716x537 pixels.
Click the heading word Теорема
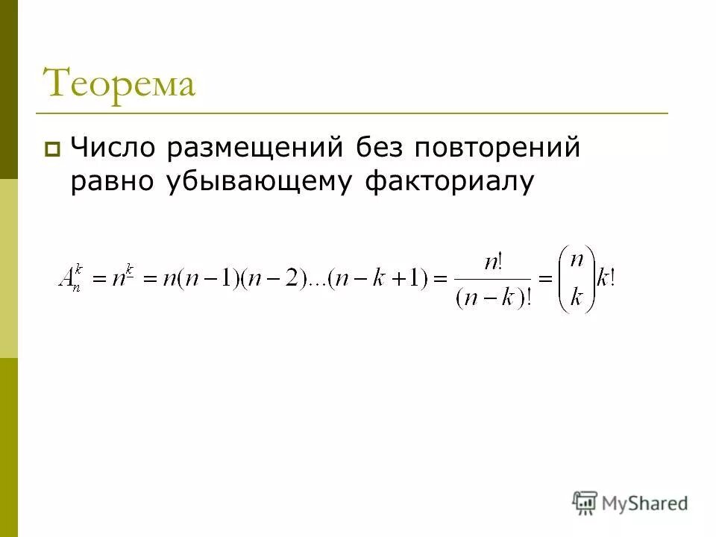point(119,83)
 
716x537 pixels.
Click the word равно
point(109,182)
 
